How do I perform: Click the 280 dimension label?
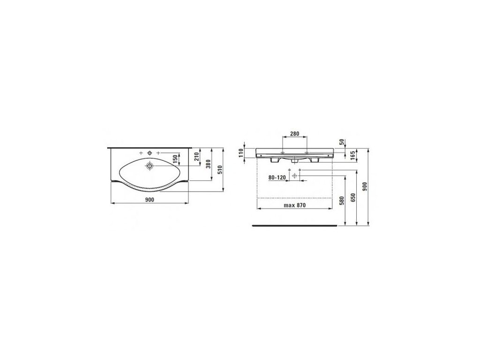(x=294, y=134)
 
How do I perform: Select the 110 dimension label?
(x=241, y=152)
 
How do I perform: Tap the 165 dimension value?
(x=352, y=155)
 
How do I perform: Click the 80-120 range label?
(x=277, y=178)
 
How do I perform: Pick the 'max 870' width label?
(x=294, y=205)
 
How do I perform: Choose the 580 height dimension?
(x=342, y=201)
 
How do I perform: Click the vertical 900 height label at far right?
(x=364, y=187)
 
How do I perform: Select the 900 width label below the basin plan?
(x=150, y=200)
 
